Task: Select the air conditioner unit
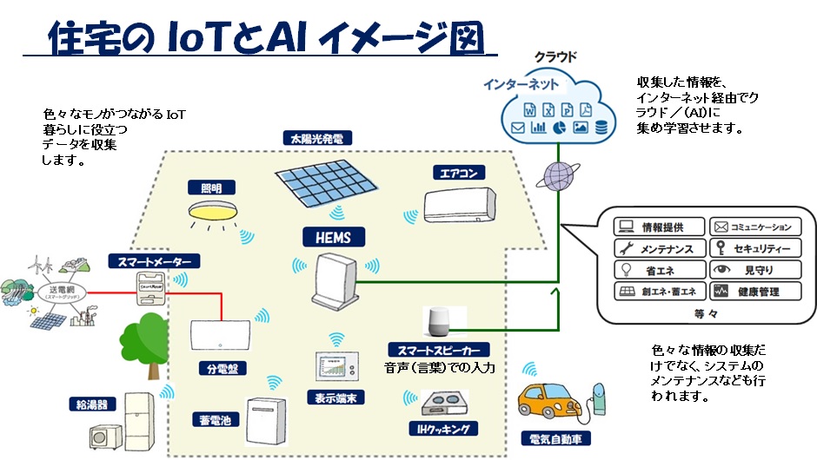click(461, 207)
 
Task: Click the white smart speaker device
click(435, 322)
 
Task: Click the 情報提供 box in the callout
click(659, 227)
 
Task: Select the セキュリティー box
click(754, 249)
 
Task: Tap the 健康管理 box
click(754, 292)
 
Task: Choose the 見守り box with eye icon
click(754, 270)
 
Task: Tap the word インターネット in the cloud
click(522, 86)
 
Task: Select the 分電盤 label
click(221, 368)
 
